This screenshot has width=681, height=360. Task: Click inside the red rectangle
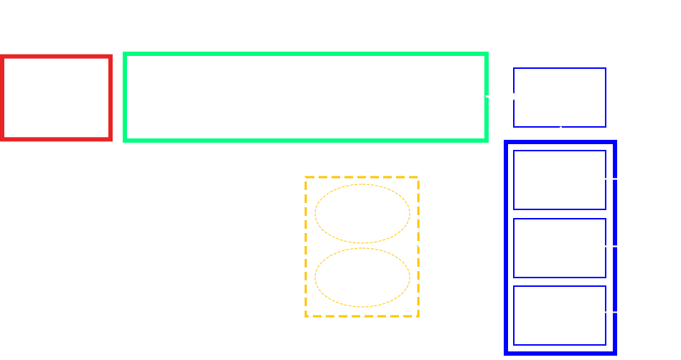[56, 98]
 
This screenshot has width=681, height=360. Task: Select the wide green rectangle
[306, 97]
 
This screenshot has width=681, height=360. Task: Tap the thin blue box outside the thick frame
[560, 98]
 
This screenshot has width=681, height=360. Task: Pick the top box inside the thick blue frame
[560, 180]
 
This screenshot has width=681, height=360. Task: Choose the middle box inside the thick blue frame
[560, 248]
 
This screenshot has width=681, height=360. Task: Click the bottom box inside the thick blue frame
[560, 316]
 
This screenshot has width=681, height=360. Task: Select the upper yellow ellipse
[362, 214]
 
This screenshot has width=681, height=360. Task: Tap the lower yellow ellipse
[362, 278]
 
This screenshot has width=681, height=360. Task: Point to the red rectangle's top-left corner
[2, 57]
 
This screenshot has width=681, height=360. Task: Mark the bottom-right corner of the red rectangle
[111, 138]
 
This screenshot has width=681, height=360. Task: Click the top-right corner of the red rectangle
[111, 57]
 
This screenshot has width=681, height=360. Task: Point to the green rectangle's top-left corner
[126, 55]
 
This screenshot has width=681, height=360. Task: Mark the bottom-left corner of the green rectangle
[126, 139]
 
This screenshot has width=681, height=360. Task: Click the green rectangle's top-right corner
[487, 55]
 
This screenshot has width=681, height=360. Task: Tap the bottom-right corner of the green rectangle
[487, 139]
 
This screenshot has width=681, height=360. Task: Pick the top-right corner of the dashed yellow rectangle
[418, 178]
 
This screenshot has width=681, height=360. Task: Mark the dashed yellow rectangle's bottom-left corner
[306, 316]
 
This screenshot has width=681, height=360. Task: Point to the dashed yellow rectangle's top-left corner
[306, 178]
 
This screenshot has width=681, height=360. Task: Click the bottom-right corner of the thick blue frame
[614, 352]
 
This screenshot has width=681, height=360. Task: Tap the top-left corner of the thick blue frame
[507, 143]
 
